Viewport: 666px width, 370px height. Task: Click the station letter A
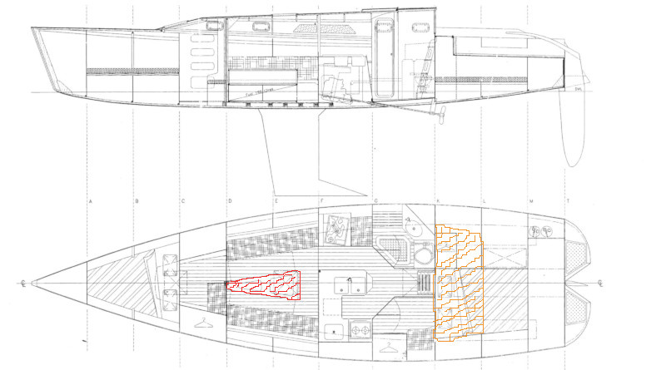(88, 202)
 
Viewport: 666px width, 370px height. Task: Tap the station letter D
(229, 202)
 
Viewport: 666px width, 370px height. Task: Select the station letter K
(438, 202)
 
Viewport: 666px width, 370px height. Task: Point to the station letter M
(530, 202)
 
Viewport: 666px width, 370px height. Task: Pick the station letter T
(569, 202)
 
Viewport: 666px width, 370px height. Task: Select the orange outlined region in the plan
(458, 283)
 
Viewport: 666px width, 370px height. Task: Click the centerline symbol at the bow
(24, 284)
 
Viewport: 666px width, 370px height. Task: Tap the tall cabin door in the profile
(385, 58)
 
